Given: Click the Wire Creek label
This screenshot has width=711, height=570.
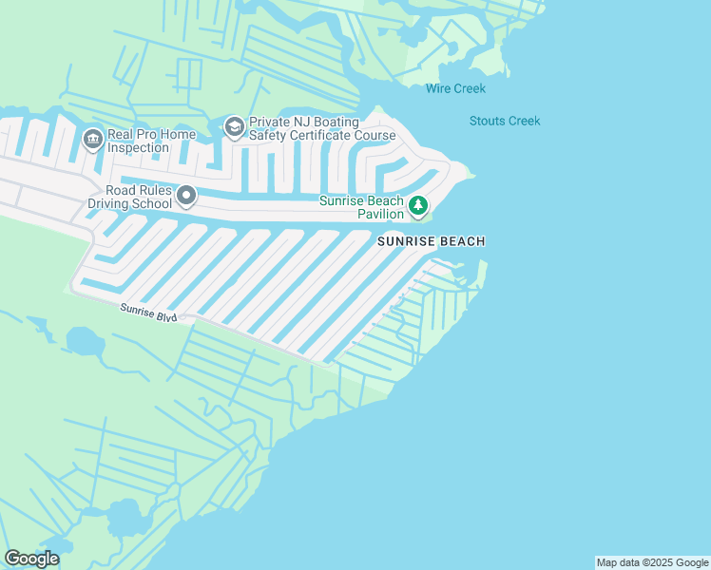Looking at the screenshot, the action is click(x=455, y=88).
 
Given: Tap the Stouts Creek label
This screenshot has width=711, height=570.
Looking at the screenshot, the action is click(x=505, y=121).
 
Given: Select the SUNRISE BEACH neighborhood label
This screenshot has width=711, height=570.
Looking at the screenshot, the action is click(x=432, y=241).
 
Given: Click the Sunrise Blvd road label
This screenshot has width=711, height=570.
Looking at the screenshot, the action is click(x=148, y=312).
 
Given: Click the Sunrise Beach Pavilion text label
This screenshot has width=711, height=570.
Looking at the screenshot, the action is click(x=362, y=207).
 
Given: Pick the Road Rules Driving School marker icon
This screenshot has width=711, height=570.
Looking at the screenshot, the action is click(x=187, y=197).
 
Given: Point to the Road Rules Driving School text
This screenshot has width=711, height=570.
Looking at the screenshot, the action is click(x=132, y=196).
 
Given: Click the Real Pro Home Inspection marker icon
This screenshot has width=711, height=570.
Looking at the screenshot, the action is click(x=92, y=140).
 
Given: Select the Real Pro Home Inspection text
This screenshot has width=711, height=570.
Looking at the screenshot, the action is click(x=151, y=141).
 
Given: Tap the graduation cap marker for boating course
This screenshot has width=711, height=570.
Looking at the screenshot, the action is click(x=233, y=126).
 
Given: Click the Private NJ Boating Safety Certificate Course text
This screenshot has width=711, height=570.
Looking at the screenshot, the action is click(x=321, y=128).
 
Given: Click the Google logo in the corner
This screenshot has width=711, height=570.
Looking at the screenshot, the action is click(x=31, y=559).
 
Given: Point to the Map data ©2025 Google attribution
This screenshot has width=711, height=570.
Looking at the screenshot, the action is click(x=652, y=562).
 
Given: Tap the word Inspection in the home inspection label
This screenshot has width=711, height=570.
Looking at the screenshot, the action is click(x=141, y=147).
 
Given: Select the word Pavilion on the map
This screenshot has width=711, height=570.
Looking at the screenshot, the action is click(x=380, y=214).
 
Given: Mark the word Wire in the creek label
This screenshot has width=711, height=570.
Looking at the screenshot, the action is click(x=438, y=88).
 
